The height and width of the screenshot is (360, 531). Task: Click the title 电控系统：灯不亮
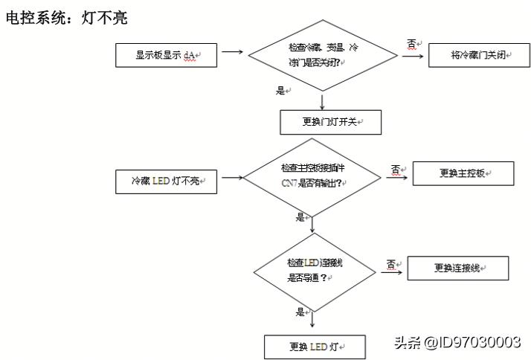[66, 18]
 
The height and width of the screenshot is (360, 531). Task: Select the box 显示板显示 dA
[166, 55]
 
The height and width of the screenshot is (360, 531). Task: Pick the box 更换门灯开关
[330, 122]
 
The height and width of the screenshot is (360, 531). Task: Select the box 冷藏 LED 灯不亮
[166, 181]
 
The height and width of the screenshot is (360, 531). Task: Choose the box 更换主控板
[463, 173]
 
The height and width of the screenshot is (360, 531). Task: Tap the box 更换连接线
[458, 268]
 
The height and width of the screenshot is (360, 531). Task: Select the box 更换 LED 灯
[315, 347]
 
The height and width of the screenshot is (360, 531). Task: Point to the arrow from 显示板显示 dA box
[232, 53]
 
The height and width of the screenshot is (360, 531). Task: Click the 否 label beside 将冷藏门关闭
[411, 45]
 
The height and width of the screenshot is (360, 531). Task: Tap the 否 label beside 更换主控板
[395, 169]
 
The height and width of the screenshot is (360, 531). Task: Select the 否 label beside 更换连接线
[390, 264]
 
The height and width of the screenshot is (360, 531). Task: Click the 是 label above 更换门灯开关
[281, 91]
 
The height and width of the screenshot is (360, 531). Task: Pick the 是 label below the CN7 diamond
[300, 217]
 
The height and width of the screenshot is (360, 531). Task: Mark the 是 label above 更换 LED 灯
[300, 312]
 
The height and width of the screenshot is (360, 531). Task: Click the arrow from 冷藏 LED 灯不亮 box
[232, 178]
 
